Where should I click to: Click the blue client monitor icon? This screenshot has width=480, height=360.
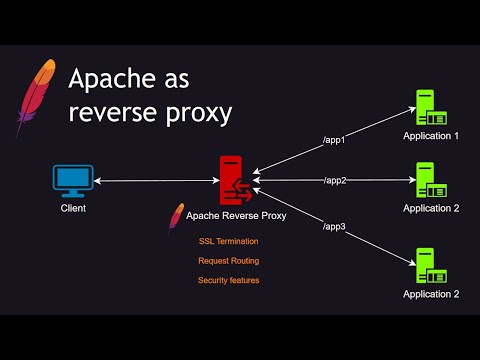[72, 180]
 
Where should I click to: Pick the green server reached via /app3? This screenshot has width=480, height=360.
[429, 265]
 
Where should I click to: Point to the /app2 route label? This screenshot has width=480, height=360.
[335, 181]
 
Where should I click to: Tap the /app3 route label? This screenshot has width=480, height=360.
[333, 226]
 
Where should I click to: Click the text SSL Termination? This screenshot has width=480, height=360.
[229, 241]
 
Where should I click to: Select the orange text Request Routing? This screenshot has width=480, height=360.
[229, 261]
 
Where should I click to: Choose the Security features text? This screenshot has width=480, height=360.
[229, 280]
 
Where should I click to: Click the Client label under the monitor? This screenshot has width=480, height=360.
[73, 209]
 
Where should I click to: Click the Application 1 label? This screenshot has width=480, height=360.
[431, 136]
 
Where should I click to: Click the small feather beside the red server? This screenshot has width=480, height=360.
[177, 217]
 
